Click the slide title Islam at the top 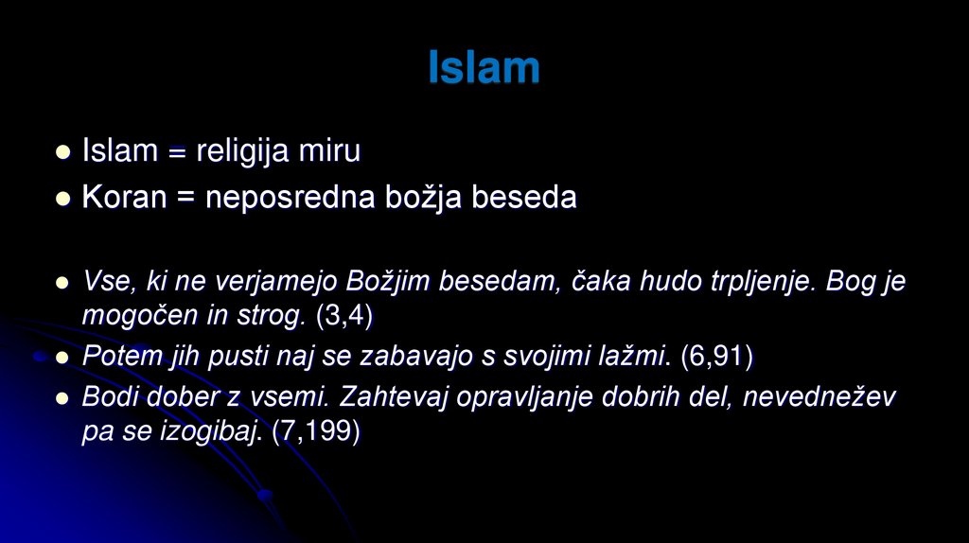coord(484,68)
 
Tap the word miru coord(329,151)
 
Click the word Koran coord(124,198)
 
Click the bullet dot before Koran coord(63,199)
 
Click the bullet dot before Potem coord(63,358)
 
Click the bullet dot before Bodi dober coord(63,398)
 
